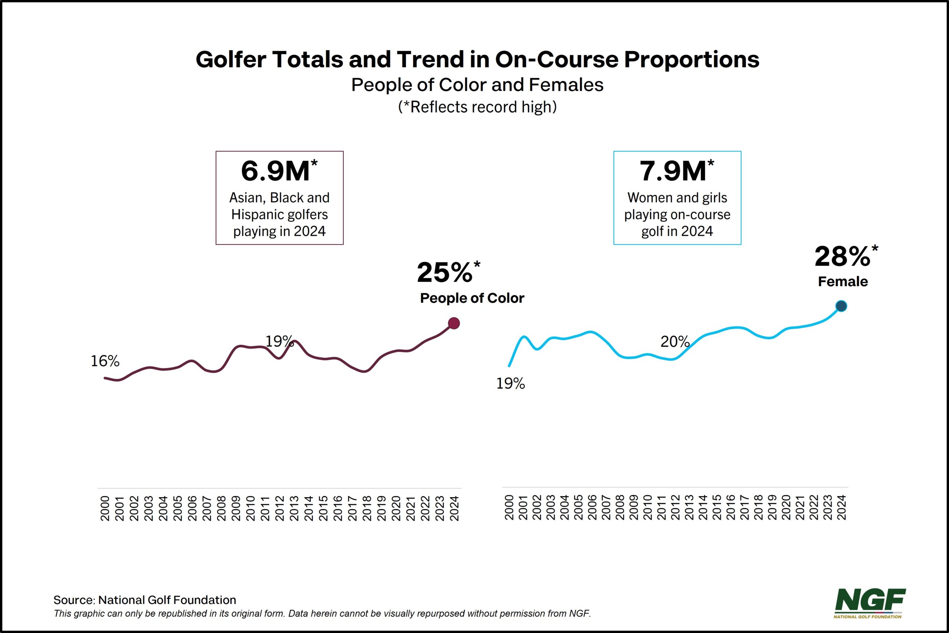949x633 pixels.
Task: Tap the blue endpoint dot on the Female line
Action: (x=841, y=306)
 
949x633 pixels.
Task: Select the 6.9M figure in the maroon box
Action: (x=276, y=171)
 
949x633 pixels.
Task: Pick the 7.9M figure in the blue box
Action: (x=673, y=171)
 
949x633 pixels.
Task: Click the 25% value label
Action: (x=445, y=272)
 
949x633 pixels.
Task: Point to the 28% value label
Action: (x=843, y=257)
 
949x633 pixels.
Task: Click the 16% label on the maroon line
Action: (x=105, y=361)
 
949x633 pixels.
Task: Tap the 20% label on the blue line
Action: (x=675, y=342)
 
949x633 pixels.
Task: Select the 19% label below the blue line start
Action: (x=510, y=384)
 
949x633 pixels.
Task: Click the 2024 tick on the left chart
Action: (x=455, y=508)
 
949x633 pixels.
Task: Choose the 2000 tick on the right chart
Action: (x=509, y=508)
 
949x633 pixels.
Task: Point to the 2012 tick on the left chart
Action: (x=280, y=508)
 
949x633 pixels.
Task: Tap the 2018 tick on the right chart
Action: (x=758, y=508)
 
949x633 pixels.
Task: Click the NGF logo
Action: (x=870, y=603)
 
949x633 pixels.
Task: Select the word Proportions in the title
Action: (x=691, y=59)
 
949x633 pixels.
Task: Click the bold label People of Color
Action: (x=472, y=298)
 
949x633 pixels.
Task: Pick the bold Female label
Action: (x=843, y=281)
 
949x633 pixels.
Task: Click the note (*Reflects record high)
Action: (x=477, y=107)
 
